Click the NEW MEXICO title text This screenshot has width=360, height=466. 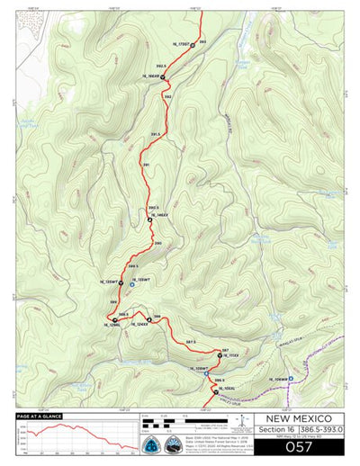pos(295,418)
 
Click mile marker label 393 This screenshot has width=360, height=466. pos(202,42)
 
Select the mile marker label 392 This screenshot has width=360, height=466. pos(168,96)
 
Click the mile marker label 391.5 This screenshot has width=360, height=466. pos(155,134)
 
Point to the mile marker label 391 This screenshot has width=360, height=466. pos(146,165)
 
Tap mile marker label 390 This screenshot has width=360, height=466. pos(157,244)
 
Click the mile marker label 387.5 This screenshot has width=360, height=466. pos(191,342)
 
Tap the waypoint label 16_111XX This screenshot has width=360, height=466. pos(230,355)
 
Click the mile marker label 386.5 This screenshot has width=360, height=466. pos(219,381)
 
